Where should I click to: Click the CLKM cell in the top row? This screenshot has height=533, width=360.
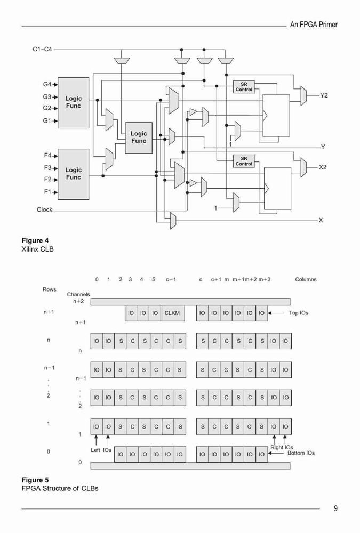coord(172,313)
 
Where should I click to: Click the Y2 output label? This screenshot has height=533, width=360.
coord(324,95)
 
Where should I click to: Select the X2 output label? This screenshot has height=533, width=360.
coord(323,167)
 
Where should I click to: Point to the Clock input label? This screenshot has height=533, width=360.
coord(45,209)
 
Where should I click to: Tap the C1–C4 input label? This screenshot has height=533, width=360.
coord(42,49)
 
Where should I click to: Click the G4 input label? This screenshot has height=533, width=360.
coord(46,84)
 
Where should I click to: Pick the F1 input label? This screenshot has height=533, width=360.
coord(47,192)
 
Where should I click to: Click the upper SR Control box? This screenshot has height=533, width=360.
coord(244,87)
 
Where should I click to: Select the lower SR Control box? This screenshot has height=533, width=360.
coord(244,161)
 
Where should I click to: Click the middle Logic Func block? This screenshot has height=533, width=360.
coord(139,138)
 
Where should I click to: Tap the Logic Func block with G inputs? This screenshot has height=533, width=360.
coord(74,103)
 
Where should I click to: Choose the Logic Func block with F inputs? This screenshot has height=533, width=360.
coord(74,174)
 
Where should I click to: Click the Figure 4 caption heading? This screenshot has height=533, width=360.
coord(35,241)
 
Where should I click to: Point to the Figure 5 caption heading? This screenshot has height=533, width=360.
coord(35,480)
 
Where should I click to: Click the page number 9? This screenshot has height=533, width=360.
coord(336,508)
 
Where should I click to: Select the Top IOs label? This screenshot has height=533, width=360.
coord(299,313)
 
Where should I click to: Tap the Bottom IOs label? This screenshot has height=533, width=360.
coord(301,453)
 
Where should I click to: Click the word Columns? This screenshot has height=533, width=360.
coord(306,279)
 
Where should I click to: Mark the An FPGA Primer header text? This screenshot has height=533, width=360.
coord(314,25)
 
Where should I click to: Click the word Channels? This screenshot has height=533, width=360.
coord(78,294)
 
